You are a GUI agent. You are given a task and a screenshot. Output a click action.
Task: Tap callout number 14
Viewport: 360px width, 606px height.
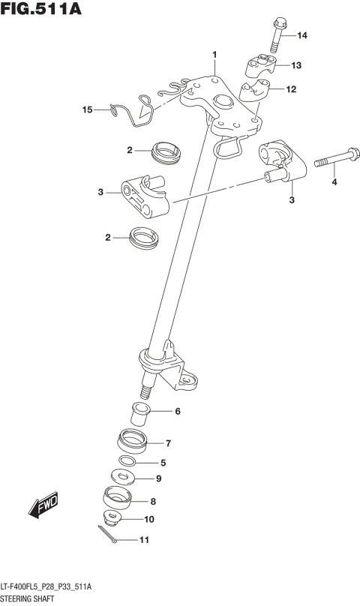pyautogui.click(x=301, y=36)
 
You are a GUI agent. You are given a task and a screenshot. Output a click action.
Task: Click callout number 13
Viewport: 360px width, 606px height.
pyautogui.click(x=296, y=66)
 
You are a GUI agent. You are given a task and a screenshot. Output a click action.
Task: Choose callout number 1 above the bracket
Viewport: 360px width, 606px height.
pyautogui.click(x=214, y=54)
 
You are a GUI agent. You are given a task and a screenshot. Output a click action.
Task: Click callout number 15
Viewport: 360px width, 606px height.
pyautogui.click(x=88, y=110)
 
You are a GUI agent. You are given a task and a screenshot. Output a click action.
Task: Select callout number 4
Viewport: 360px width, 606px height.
pyautogui.click(x=334, y=181)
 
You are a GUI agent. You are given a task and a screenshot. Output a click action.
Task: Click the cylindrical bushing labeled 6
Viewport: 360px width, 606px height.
pyautogui.click(x=139, y=412)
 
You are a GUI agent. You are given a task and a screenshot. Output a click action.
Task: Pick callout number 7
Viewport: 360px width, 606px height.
pyautogui.click(x=169, y=443)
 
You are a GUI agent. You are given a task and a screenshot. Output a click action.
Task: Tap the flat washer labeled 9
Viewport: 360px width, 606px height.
pyautogui.click(x=121, y=476)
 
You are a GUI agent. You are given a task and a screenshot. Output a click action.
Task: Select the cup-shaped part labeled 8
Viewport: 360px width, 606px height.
pyautogui.click(x=115, y=498)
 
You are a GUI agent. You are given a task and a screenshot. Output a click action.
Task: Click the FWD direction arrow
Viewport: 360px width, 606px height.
pyautogui.click(x=45, y=507)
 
